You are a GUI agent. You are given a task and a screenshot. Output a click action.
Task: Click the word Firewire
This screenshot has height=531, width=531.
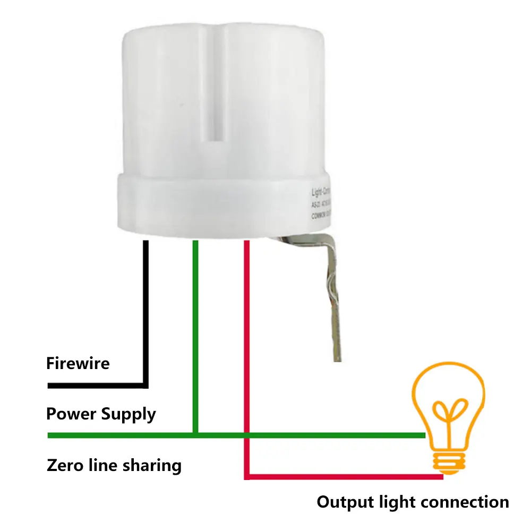[x=78, y=364]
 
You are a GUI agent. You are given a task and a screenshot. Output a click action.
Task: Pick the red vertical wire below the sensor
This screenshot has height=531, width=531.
[x=246, y=319]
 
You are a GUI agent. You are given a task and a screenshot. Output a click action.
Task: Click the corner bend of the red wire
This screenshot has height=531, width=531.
[x=247, y=477]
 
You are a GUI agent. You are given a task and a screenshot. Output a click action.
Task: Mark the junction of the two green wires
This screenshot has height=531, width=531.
[x=195, y=435]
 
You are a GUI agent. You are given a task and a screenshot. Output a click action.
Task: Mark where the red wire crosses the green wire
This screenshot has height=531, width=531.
[x=246, y=435]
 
